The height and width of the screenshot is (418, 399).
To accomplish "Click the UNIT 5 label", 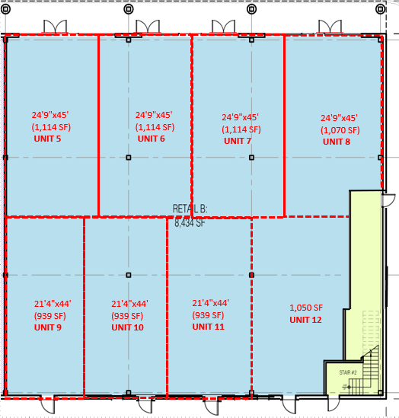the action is coord(47,139).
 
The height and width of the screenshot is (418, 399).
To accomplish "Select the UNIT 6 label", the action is coord(151,139).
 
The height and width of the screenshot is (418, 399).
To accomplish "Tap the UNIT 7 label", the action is coord(238,141).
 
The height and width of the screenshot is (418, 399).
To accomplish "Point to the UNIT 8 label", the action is coord(337,142).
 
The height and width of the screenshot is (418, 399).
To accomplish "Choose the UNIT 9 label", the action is coord(48,327).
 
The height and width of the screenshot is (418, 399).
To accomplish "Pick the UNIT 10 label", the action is coord(127,327).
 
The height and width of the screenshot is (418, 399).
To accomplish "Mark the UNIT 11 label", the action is coord(208,327).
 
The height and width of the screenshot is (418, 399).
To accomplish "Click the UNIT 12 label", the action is coord(305,320).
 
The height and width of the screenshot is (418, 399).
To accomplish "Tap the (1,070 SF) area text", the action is coord(340,130).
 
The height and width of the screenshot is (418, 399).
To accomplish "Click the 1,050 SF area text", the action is coord(306,308).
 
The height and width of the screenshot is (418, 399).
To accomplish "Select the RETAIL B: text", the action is coord(190,209).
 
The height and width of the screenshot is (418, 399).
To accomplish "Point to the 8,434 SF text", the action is coord(190,223).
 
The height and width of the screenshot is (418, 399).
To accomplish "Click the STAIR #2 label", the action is coord(348,372).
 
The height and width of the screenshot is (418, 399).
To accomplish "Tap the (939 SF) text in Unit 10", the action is coord(127,316).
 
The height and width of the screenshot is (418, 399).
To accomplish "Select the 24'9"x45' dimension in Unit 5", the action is coord(50,115).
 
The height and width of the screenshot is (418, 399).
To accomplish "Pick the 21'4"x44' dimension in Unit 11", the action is coord(211,303).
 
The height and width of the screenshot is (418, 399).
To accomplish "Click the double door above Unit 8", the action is coord(330,27).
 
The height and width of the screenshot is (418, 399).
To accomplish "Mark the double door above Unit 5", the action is coord(55,27).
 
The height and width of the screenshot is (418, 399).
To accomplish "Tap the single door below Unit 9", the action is coord(48,404).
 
